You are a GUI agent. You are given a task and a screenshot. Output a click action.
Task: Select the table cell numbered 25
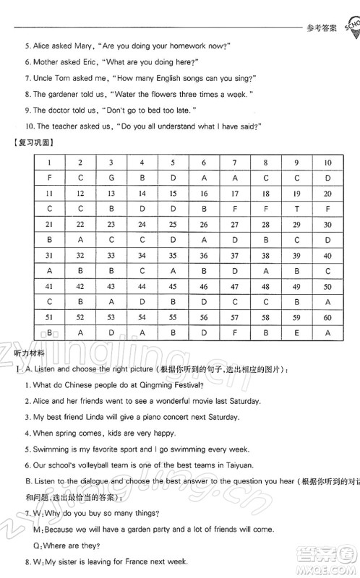click(173, 224)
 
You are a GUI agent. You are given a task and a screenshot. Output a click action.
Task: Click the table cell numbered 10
click(327, 163)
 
